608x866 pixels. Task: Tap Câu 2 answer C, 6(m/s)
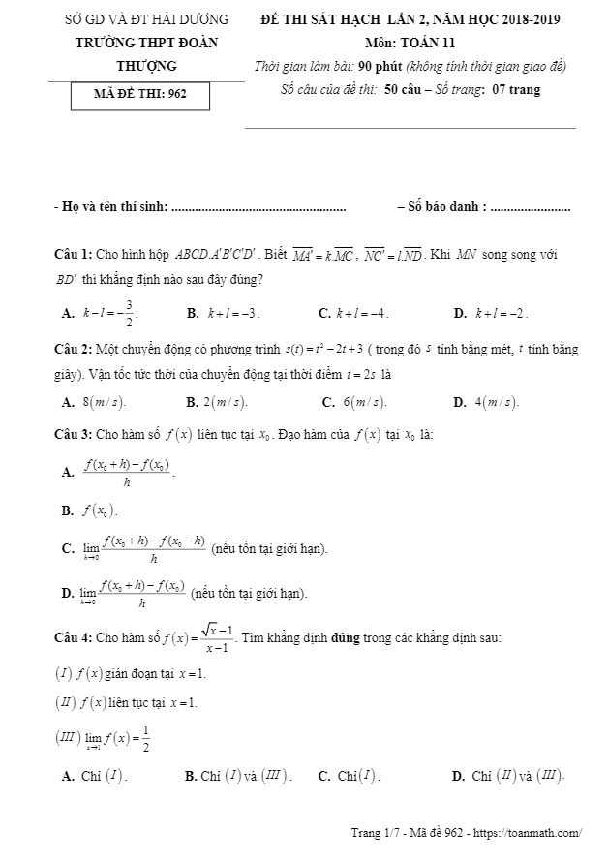(x=355, y=401)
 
